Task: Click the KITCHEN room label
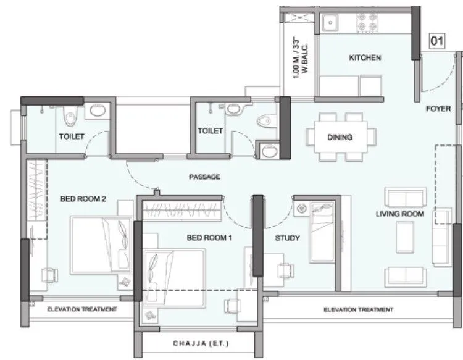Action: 365,57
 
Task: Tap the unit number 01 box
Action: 437,41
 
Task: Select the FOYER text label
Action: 438,109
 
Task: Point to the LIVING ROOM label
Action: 400,214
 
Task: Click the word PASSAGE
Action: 204,177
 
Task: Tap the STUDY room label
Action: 287,237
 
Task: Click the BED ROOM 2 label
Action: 83,199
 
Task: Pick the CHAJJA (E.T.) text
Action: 193,343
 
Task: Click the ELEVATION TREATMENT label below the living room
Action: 358,309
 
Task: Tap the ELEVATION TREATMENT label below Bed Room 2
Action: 82,309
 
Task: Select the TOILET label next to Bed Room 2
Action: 72,136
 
